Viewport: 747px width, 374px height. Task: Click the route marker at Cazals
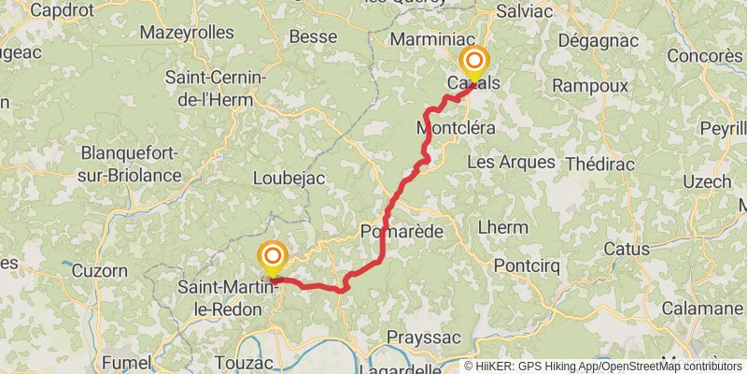tap(473, 64)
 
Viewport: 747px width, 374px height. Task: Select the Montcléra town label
tap(456, 127)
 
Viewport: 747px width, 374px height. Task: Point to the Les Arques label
tap(510, 162)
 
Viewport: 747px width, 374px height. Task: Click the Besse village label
tap(313, 36)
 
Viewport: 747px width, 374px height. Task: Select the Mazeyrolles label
tap(187, 32)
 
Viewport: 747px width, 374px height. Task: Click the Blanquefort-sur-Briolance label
tap(131, 163)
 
